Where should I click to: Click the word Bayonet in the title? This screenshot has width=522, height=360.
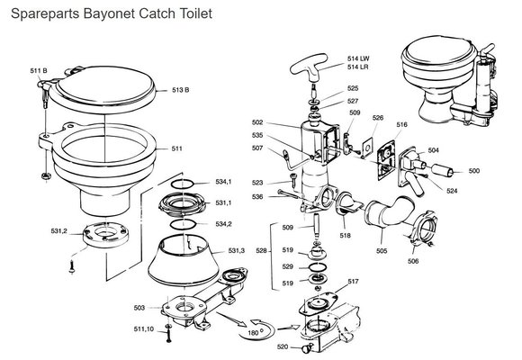[x=109, y=14]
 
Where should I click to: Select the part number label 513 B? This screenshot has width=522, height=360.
[x=180, y=90]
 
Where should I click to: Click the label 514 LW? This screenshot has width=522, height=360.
[x=358, y=58]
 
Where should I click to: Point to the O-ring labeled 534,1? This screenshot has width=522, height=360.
[x=183, y=184]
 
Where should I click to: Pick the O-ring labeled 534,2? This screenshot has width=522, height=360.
[x=183, y=224]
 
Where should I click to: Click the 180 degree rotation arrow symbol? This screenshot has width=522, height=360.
[x=257, y=329]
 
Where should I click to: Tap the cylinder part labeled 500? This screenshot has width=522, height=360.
[x=443, y=170]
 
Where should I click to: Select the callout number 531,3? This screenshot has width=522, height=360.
[x=237, y=250]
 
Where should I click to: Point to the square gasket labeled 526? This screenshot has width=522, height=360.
[x=367, y=147]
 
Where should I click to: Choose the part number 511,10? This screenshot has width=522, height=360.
[x=144, y=329]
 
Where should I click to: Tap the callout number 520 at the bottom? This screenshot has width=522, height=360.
[x=283, y=347]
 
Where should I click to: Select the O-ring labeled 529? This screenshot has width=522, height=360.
[x=318, y=266]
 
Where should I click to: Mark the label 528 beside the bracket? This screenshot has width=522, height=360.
[x=261, y=250]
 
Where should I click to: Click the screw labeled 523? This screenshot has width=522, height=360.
[x=293, y=180]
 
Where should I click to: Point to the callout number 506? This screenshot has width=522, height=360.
[x=413, y=261]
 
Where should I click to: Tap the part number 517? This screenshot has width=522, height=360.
[x=353, y=282]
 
